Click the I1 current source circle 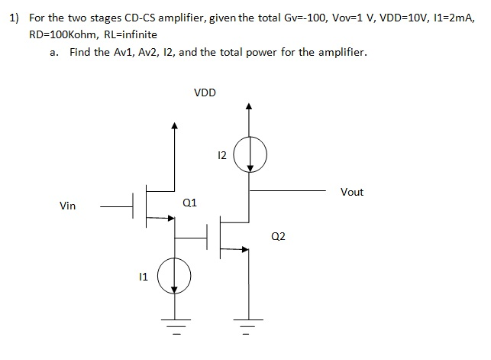[x=174, y=274]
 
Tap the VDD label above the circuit [x=205, y=92]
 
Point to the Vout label [x=351, y=192]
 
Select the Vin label [x=67, y=206]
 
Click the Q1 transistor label [x=190, y=203]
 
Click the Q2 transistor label [x=278, y=237]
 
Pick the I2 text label [x=222, y=156]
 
